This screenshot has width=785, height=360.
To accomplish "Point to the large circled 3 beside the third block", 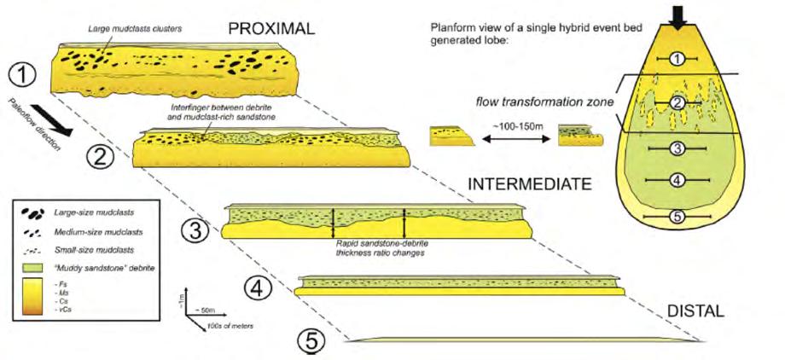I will [194, 229].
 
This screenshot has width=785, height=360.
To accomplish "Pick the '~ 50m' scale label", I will [208, 309].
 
